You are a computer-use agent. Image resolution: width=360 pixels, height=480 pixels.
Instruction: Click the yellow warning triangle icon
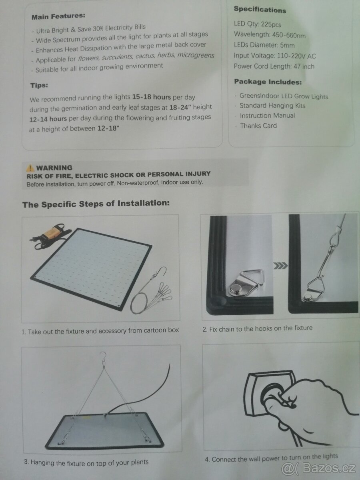pyautogui.click(x=30, y=168)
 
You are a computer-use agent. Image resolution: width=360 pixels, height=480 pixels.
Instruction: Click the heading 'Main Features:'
pyautogui.click(x=58, y=16)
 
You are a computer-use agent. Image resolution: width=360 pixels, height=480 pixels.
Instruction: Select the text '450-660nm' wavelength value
pyautogui.click(x=289, y=35)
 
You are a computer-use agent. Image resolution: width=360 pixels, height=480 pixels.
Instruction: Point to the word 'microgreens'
pyautogui.click(x=196, y=55)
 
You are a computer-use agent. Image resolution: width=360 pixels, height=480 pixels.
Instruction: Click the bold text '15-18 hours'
pyautogui.click(x=152, y=97)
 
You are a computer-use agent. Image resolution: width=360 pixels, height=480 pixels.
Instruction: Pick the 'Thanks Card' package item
pyautogui.click(x=258, y=126)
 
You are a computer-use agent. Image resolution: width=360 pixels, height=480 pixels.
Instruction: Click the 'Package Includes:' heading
pyautogui.click(x=268, y=82)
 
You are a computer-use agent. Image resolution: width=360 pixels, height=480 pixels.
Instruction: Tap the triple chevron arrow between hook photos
pyautogui.click(x=280, y=266)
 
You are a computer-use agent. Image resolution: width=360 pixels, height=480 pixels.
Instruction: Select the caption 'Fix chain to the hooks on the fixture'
pyautogui.click(x=261, y=328)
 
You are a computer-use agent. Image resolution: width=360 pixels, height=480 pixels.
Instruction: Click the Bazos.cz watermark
pyautogui.click(x=318, y=468)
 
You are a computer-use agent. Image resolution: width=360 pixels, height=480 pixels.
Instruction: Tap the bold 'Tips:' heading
pyautogui.click(x=39, y=85)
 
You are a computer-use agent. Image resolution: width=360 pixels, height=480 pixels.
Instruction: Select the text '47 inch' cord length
pyautogui.click(x=304, y=66)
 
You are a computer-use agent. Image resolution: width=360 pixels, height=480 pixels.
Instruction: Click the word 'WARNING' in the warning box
pyautogui.click(x=54, y=168)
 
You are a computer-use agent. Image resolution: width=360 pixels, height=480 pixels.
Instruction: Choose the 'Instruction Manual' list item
pyautogui.click(x=267, y=116)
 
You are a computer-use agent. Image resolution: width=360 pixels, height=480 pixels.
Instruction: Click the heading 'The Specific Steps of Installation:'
pyautogui.click(x=96, y=204)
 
